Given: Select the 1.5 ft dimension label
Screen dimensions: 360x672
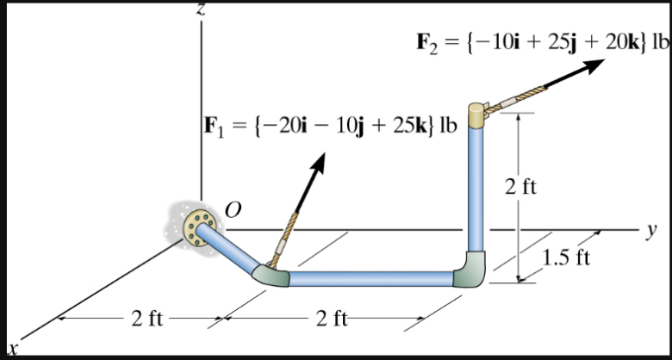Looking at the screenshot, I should pos(566,258).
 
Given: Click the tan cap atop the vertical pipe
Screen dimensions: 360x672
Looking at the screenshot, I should pos(477,115).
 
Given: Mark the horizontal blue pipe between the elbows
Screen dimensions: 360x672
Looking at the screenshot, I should pos(370,278).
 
